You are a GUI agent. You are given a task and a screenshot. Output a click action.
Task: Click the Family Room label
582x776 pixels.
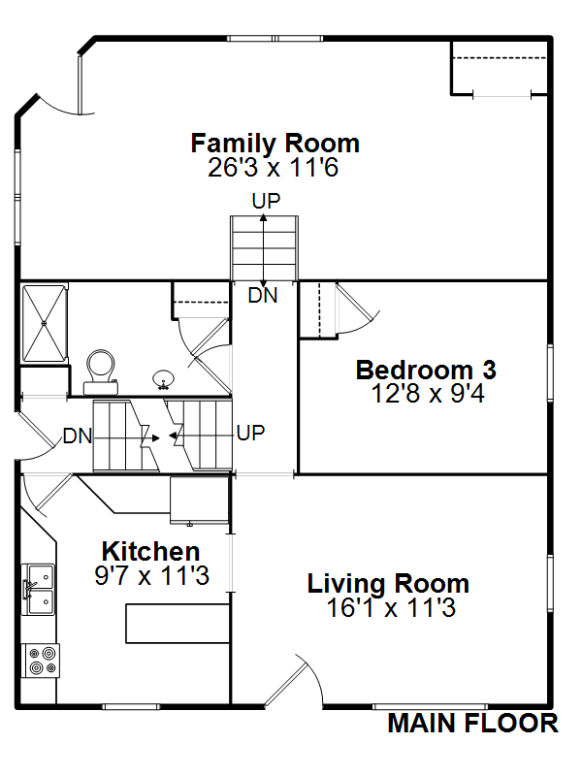[x=275, y=144]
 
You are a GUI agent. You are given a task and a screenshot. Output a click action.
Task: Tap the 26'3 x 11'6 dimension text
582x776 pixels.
[x=274, y=167]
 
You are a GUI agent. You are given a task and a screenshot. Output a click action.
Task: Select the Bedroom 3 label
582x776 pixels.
[x=426, y=371]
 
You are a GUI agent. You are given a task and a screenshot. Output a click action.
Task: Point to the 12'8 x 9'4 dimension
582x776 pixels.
[x=428, y=394]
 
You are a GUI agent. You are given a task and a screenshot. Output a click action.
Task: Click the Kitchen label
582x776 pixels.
[x=150, y=551]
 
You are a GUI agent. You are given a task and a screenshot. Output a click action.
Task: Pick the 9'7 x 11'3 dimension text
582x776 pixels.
[x=152, y=575]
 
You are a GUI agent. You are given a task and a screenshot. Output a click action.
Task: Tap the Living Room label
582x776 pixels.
[x=388, y=584]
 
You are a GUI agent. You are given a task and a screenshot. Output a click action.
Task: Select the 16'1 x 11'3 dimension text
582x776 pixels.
[x=391, y=608]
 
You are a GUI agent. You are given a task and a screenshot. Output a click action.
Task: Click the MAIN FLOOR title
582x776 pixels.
[x=472, y=724]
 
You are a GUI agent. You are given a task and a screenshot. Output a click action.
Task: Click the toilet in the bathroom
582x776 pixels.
[x=101, y=372]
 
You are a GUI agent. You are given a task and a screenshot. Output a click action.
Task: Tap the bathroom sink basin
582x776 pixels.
[x=163, y=379]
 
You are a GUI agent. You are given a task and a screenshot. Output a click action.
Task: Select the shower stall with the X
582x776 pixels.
[x=44, y=323]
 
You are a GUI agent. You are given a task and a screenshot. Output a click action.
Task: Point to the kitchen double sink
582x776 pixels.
[x=38, y=590]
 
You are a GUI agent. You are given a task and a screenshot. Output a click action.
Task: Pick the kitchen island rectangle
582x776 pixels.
[x=178, y=624]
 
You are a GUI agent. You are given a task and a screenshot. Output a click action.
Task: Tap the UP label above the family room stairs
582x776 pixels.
[x=266, y=201]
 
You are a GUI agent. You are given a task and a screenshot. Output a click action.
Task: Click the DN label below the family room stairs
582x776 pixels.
[x=263, y=296]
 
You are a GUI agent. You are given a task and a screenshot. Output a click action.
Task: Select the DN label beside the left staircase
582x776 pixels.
[x=78, y=436]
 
